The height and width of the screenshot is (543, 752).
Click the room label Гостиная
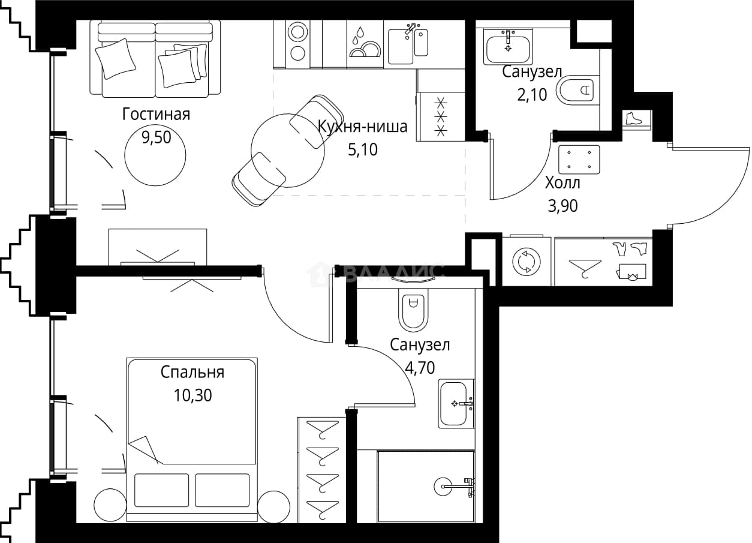tap(156, 114)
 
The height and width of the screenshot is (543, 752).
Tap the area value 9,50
tap(156, 137)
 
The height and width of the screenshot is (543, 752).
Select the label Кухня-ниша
tap(363, 127)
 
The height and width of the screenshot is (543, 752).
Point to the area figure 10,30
tap(192, 395)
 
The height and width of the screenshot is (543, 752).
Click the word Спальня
tap(192, 373)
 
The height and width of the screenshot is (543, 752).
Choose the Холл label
tap(563, 183)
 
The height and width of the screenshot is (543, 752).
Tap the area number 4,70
tap(420, 368)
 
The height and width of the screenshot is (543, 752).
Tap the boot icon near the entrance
tap(634, 118)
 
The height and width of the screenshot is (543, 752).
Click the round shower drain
tap(447, 486)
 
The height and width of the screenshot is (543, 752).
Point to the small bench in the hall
tap(579, 160)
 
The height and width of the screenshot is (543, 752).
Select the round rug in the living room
tap(155, 155)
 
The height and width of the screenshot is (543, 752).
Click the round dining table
tap(288, 150)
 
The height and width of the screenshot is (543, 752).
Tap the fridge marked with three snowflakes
tap(441, 116)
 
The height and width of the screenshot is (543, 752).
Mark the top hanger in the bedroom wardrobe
tap(323, 430)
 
